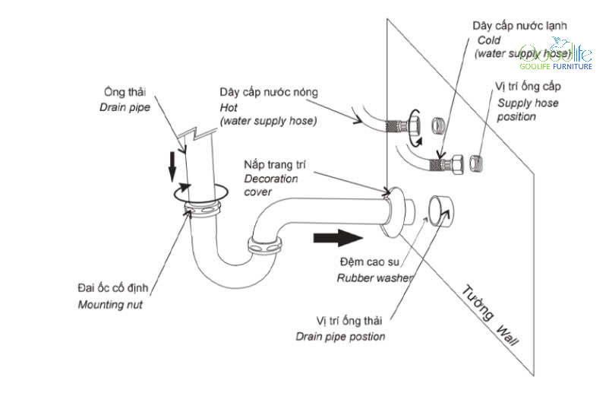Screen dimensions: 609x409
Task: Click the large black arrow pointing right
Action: point(338,237)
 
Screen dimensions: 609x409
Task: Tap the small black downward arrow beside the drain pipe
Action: point(172,167)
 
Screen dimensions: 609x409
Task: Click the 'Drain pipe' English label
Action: point(125,107)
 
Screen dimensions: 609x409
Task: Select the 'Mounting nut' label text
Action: point(110,304)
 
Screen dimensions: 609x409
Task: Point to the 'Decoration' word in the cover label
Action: point(271,179)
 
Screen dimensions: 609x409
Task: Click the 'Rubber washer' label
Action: point(375,277)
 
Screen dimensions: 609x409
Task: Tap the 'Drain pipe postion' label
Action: point(340,337)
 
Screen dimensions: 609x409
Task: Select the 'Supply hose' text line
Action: point(528,103)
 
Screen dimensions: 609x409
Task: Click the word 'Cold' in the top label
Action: point(489,40)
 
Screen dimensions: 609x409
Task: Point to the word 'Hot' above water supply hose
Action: point(229,107)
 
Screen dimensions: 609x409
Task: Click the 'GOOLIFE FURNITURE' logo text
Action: point(556,66)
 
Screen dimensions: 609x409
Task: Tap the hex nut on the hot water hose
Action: point(414,125)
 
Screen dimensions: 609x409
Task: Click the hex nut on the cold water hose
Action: point(456,164)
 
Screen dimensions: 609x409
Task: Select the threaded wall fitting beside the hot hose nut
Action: point(437,125)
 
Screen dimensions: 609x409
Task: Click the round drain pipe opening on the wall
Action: point(441,211)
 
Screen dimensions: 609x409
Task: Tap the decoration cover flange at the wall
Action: point(393,212)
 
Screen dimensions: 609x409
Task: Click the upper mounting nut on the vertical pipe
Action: point(202,209)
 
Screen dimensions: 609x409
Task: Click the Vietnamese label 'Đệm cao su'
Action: point(369,262)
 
